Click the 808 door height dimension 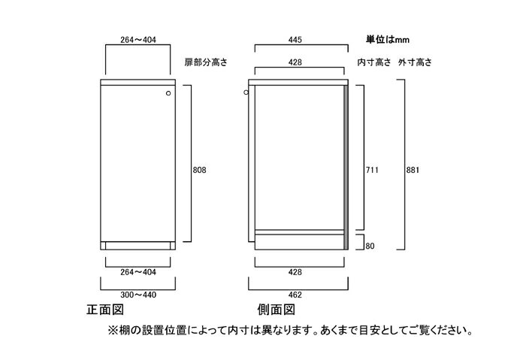(x=199, y=170)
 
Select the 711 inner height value (x=372, y=170)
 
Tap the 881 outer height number (x=413, y=170)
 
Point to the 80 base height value (x=370, y=246)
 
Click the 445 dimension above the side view (x=295, y=40)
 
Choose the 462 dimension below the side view (x=295, y=295)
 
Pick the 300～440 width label (x=138, y=295)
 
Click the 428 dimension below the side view (x=295, y=272)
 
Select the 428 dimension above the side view (x=295, y=62)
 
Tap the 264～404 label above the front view (x=138, y=40)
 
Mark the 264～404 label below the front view (x=138, y=272)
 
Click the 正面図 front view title (x=105, y=310)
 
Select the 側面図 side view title (x=276, y=310)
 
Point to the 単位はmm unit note (x=388, y=40)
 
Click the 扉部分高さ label (x=206, y=62)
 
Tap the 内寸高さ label (x=374, y=62)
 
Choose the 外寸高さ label (x=415, y=62)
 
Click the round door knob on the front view (x=168, y=93)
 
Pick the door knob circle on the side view (x=246, y=92)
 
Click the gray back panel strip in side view (x=346, y=168)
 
